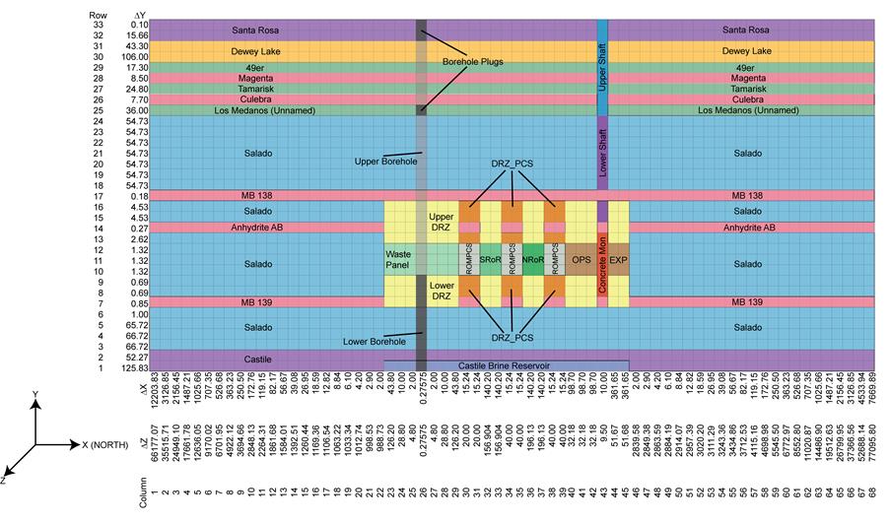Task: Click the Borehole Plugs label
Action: click(471, 62)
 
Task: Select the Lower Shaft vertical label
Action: click(602, 154)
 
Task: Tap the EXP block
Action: click(618, 260)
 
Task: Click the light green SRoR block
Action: click(490, 260)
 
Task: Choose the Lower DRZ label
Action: click(440, 290)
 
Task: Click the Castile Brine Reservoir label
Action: click(506, 365)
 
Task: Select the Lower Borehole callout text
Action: click(375, 341)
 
